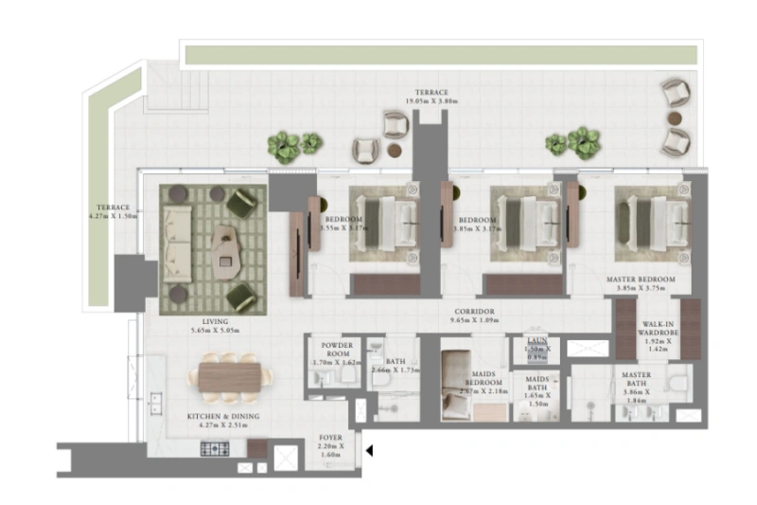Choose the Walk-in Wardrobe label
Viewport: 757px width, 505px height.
pos(657,336)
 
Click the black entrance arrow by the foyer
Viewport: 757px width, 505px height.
pos(370,452)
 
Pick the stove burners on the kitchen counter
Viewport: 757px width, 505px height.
pos(214,448)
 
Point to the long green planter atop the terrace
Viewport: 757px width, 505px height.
pos(442,55)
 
